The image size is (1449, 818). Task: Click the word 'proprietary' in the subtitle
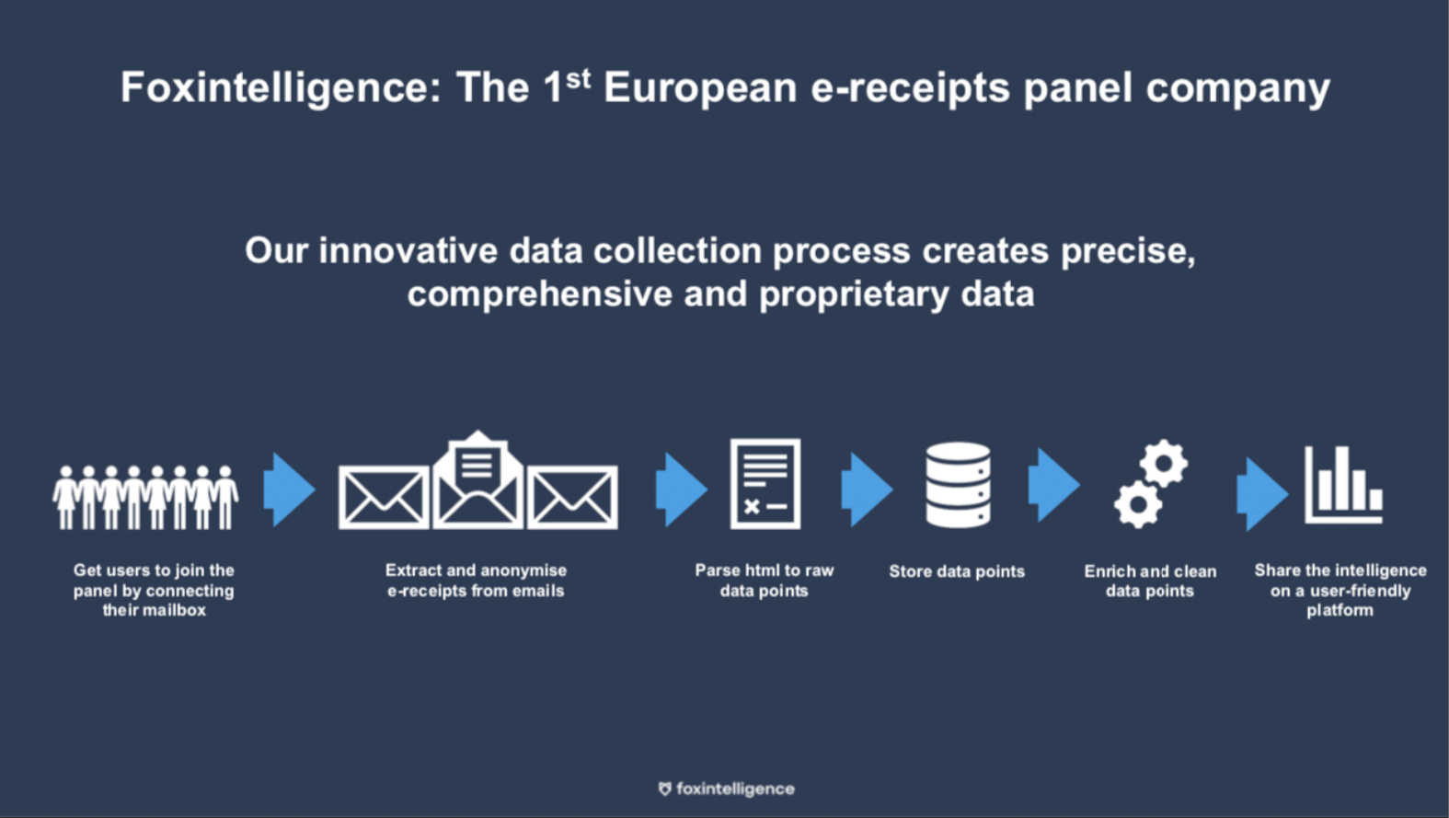tap(854, 295)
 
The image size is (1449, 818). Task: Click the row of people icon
tap(145, 497)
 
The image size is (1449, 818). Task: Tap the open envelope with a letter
tap(478, 479)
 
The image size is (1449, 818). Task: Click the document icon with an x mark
tap(765, 484)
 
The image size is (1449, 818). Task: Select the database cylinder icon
tap(958, 484)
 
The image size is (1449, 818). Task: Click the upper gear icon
tap(1164, 464)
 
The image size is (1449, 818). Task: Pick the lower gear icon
tap(1138, 505)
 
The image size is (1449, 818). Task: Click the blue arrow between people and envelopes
tap(290, 490)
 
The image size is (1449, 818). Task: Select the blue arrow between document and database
tap(868, 490)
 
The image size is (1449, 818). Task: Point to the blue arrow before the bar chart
tap(1262, 494)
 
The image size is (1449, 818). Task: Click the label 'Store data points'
tap(957, 571)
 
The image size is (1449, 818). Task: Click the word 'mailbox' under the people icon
tap(174, 610)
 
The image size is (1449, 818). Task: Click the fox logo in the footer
tap(664, 789)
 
